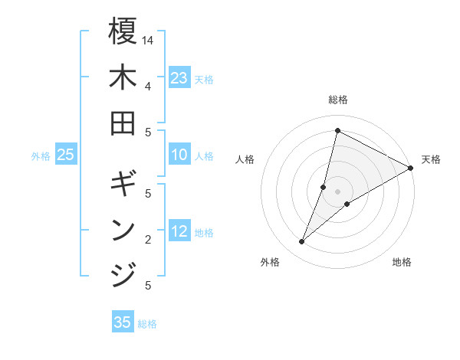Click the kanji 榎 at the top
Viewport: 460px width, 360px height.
click(x=123, y=32)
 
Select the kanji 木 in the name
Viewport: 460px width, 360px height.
click(x=123, y=78)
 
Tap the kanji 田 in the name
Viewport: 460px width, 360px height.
click(x=123, y=123)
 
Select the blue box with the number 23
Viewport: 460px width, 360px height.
click(x=179, y=78)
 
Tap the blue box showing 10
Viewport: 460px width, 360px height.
click(x=179, y=155)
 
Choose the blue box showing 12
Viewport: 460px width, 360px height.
click(x=179, y=231)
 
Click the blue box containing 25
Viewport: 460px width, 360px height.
click(x=66, y=155)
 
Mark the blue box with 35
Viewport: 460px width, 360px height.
click(x=123, y=322)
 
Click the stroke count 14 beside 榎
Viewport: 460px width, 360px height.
click(x=148, y=39)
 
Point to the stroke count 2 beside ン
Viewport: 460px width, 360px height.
click(x=148, y=239)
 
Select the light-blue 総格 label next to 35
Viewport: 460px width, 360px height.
click(x=148, y=324)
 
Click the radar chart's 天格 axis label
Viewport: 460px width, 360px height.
click(x=431, y=159)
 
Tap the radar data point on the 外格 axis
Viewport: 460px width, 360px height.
click(x=301, y=242)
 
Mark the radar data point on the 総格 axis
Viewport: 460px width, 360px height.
click(x=337, y=130)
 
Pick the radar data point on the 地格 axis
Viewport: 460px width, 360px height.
click(x=347, y=203)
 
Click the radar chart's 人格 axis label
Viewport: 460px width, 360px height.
click(x=245, y=159)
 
